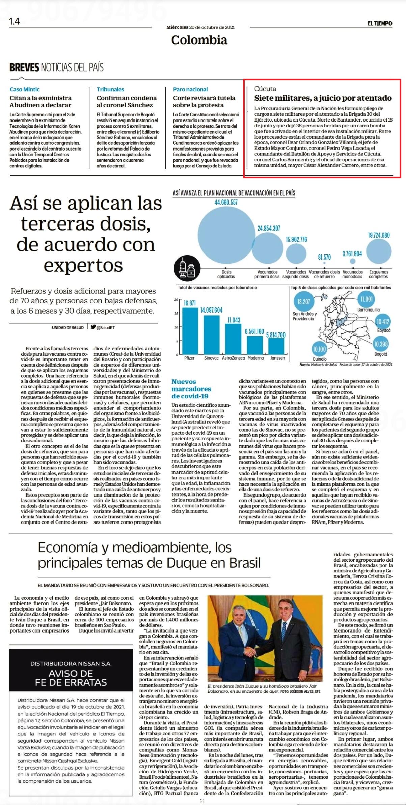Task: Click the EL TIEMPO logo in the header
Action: click(x=380, y=23)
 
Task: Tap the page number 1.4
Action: click(x=15, y=22)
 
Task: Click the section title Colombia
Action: click(x=199, y=40)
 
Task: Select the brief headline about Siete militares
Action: click(x=323, y=98)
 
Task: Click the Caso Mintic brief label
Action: click(x=25, y=89)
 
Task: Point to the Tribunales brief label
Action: click(x=110, y=89)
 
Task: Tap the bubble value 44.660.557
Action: click(x=226, y=203)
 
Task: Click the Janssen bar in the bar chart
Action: click(x=276, y=346)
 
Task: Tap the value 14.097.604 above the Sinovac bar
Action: click(x=212, y=310)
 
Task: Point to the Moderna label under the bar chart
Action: click(x=255, y=358)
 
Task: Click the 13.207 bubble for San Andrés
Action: click(x=304, y=301)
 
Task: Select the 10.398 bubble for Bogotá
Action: click(x=381, y=344)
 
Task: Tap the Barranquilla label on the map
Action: click(x=369, y=310)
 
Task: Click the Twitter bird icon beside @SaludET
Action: click(x=93, y=327)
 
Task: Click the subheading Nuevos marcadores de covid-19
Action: click(x=191, y=389)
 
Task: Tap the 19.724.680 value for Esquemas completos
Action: click(x=379, y=235)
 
